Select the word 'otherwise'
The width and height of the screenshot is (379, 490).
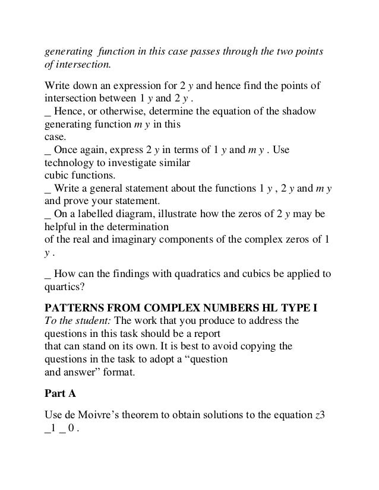point(114,112)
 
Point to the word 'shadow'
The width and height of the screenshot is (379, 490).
point(299,112)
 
